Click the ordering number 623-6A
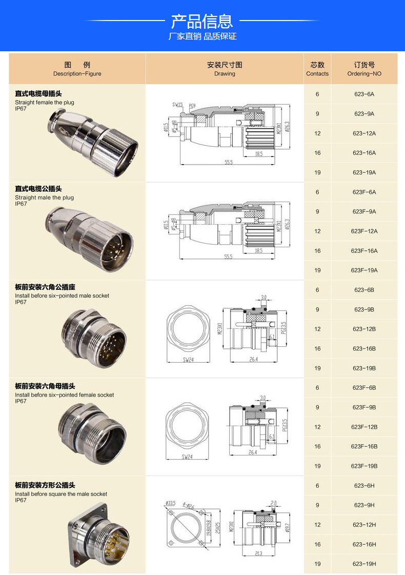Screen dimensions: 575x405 tap(364, 94)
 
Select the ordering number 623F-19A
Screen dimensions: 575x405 tap(364, 270)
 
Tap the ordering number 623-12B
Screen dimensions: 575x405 tap(364, 329)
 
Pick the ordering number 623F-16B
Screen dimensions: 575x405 tap(364, 446)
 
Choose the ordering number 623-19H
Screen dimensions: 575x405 tap(364, 564)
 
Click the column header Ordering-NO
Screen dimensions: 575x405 tap(364, 69)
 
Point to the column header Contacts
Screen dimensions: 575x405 tap(317, 69)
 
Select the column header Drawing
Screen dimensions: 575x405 tap(225, 69)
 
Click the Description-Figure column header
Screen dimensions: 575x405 tap(77, 69)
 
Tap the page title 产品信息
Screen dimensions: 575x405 tap(202, 21)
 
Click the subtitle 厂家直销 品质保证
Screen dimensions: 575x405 tap(202, 36)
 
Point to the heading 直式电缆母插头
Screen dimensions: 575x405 tap(38, 94)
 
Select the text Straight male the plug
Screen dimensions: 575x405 tap(44, 197)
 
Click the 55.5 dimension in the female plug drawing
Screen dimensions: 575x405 tap(228, 163)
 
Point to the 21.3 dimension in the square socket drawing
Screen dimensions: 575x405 tap(257, 553)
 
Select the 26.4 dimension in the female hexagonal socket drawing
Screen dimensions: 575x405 tap(253, 453)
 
